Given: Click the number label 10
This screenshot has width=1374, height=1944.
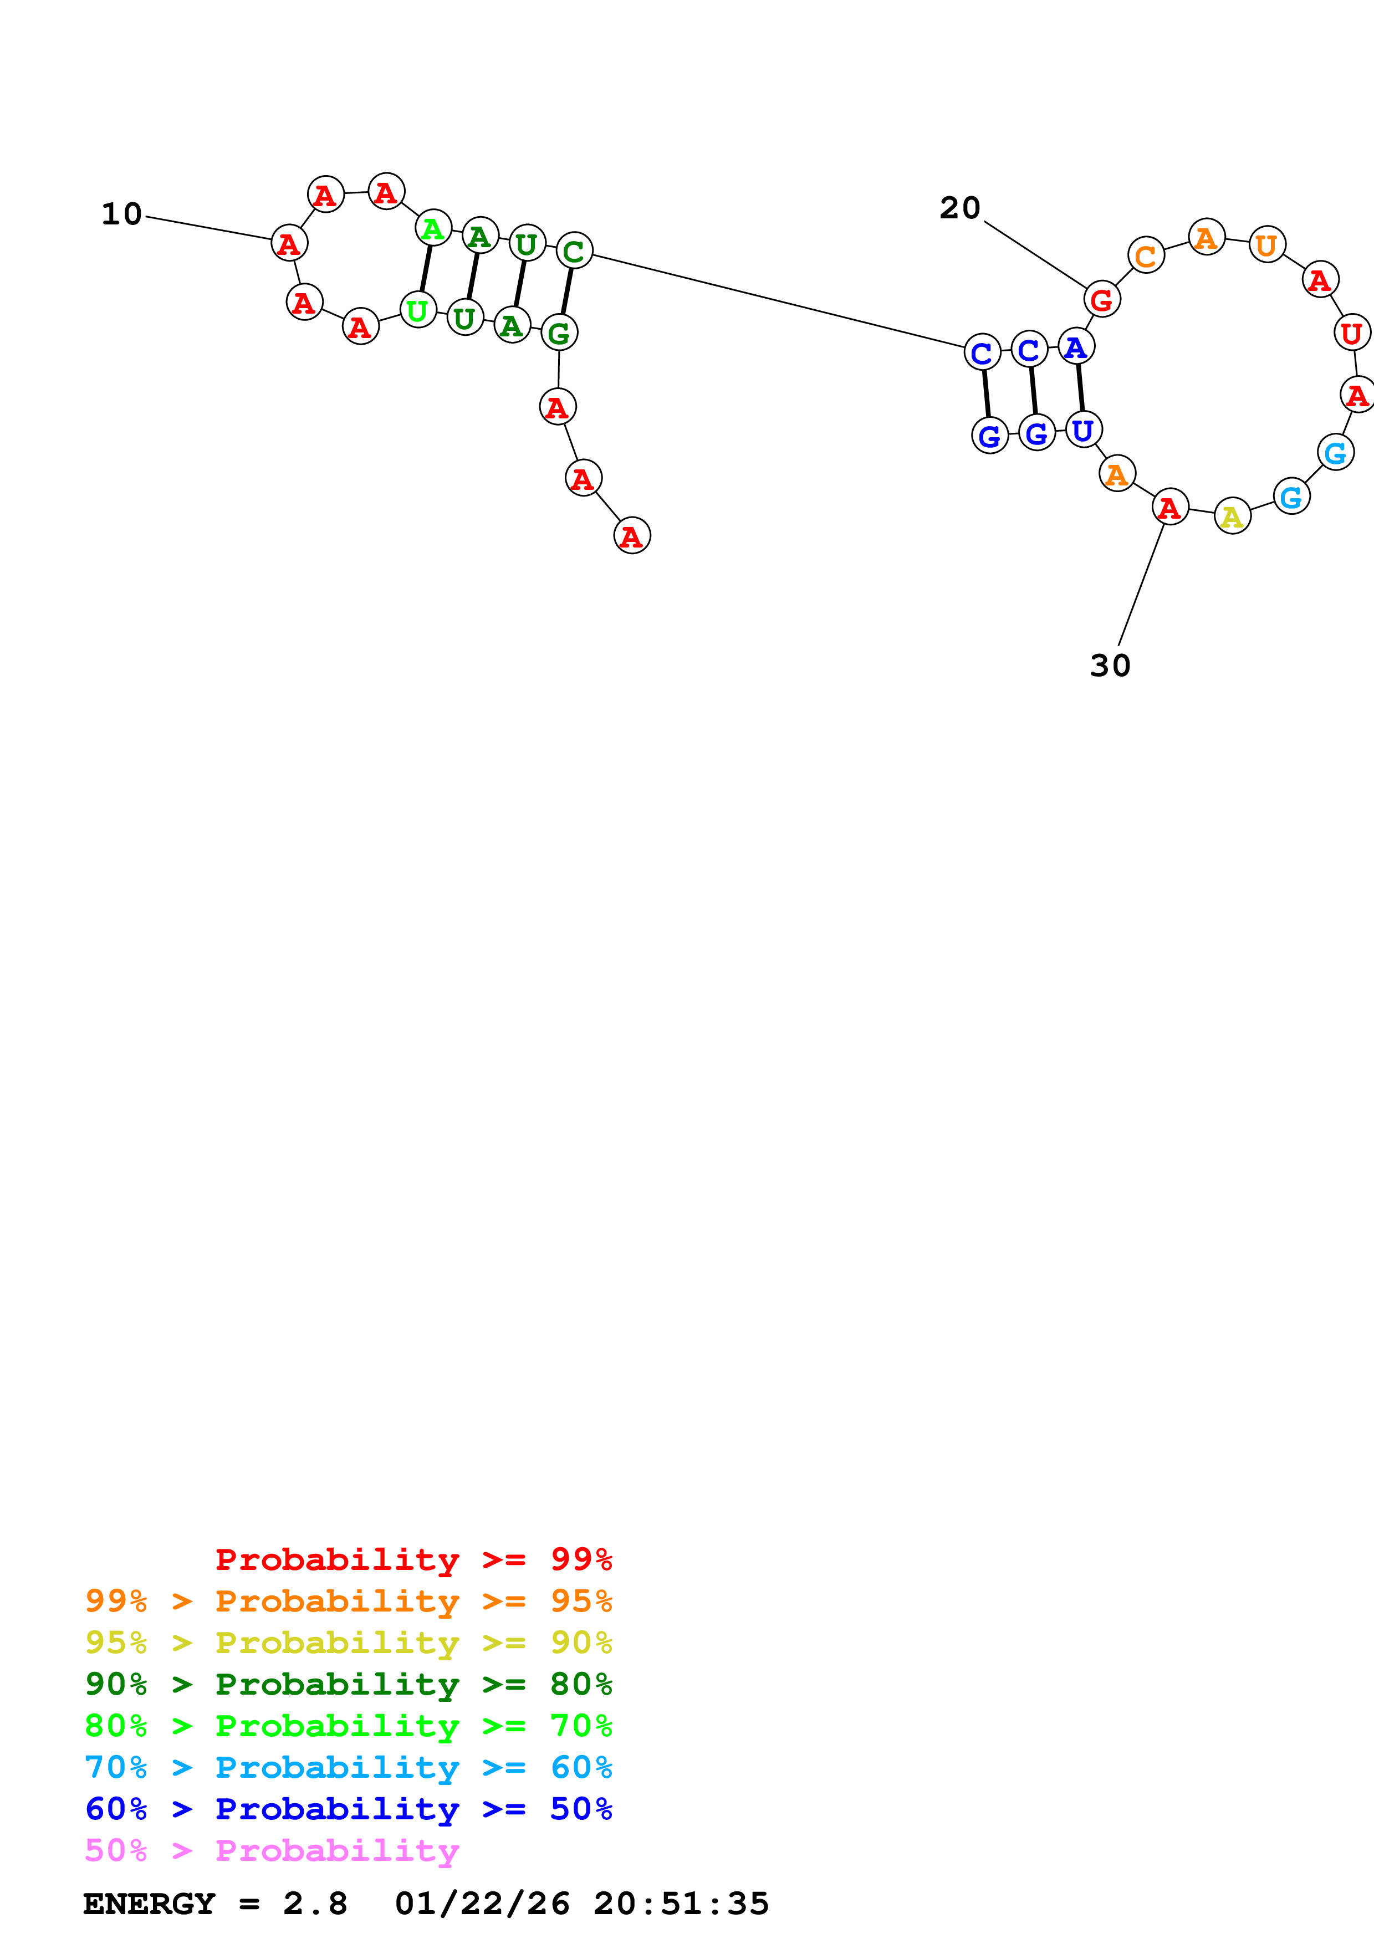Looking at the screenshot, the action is (122, 214).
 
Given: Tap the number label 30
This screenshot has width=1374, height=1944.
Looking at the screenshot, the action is (1110, 666).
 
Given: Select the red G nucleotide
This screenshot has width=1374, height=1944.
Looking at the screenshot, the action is (1101, 299).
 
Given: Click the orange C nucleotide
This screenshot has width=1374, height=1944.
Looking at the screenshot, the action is (1146, 255).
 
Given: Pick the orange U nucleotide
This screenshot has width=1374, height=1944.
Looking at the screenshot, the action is (1266, 245).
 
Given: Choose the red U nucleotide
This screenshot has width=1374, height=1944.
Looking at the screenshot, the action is (1351, 332).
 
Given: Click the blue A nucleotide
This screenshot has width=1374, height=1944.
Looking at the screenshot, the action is (1076, 346).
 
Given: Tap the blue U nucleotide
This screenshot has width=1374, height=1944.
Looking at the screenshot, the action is (1083, 429).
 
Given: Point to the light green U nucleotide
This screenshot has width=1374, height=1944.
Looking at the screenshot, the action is (417, 310).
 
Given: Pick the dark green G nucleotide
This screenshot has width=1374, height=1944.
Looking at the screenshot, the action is (559, 332).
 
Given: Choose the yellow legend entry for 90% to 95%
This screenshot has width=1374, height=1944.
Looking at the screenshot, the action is (349, 1642).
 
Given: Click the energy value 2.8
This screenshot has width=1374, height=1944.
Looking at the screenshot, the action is (315, 1904).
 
